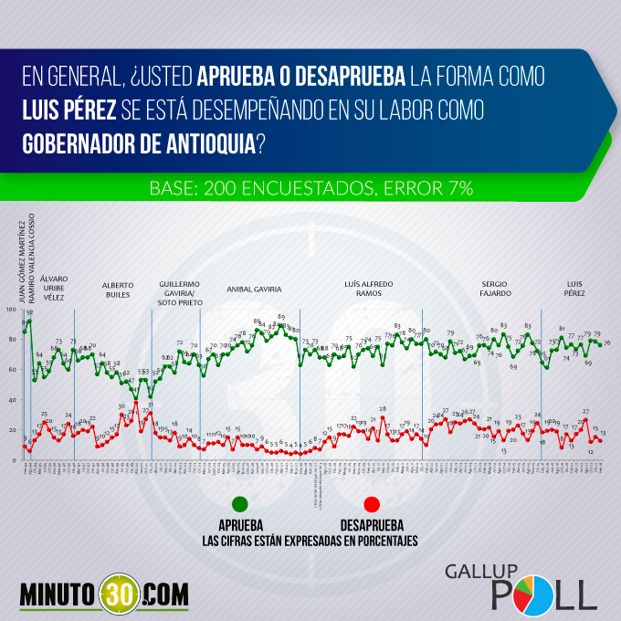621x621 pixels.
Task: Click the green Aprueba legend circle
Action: tap(240, 503)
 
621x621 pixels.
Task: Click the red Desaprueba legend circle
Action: tap(371, 503)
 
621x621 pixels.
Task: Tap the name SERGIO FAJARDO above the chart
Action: tap(496, 289)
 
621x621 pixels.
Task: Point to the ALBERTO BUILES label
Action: tap(117, 289)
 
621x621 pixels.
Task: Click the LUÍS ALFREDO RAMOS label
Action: tap(369, 289)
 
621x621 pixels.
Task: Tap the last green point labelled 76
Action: tap(600, 343)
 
